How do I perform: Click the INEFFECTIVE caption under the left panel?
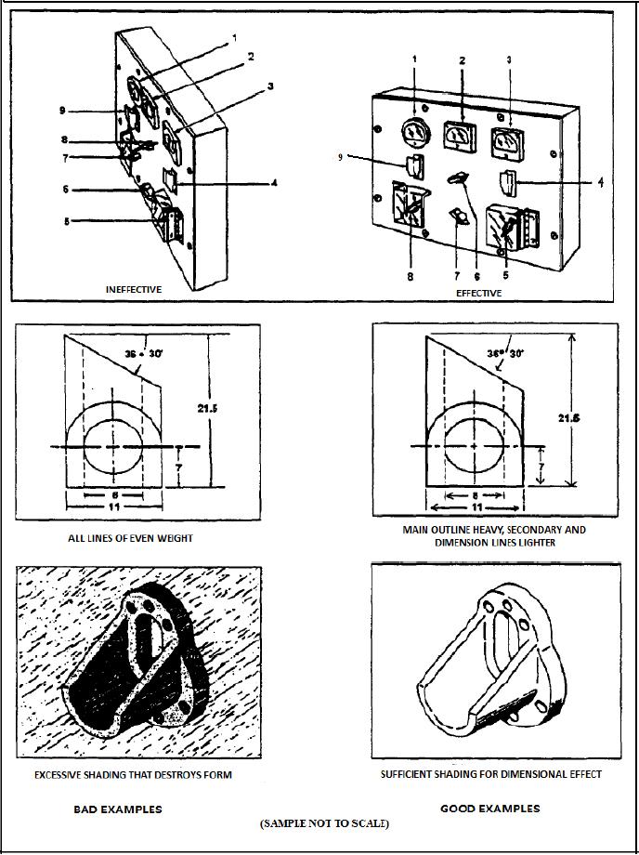(x=134, y=289)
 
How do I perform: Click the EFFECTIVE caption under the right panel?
(x=479, y=293)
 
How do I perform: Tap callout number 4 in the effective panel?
(x=600, y=182)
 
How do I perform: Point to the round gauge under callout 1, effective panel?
(x=413, y=133)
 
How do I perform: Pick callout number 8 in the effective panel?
(x=411, y=277)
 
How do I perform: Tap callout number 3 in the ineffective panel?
(x=270, y=86)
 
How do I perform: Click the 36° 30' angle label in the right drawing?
(x=505, y=352)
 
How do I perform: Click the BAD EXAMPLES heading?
(x=118, y=809)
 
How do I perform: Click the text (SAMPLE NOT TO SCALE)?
(x=324, y=823)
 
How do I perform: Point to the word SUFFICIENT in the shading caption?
(x=412, y=774)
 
